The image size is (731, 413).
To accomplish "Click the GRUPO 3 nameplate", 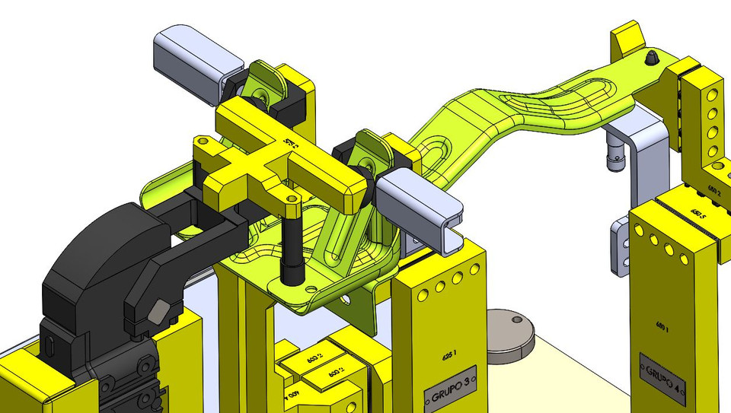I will point(449,388).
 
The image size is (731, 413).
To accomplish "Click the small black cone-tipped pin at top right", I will point(652,58).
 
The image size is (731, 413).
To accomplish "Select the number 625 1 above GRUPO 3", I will point(451,354).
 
